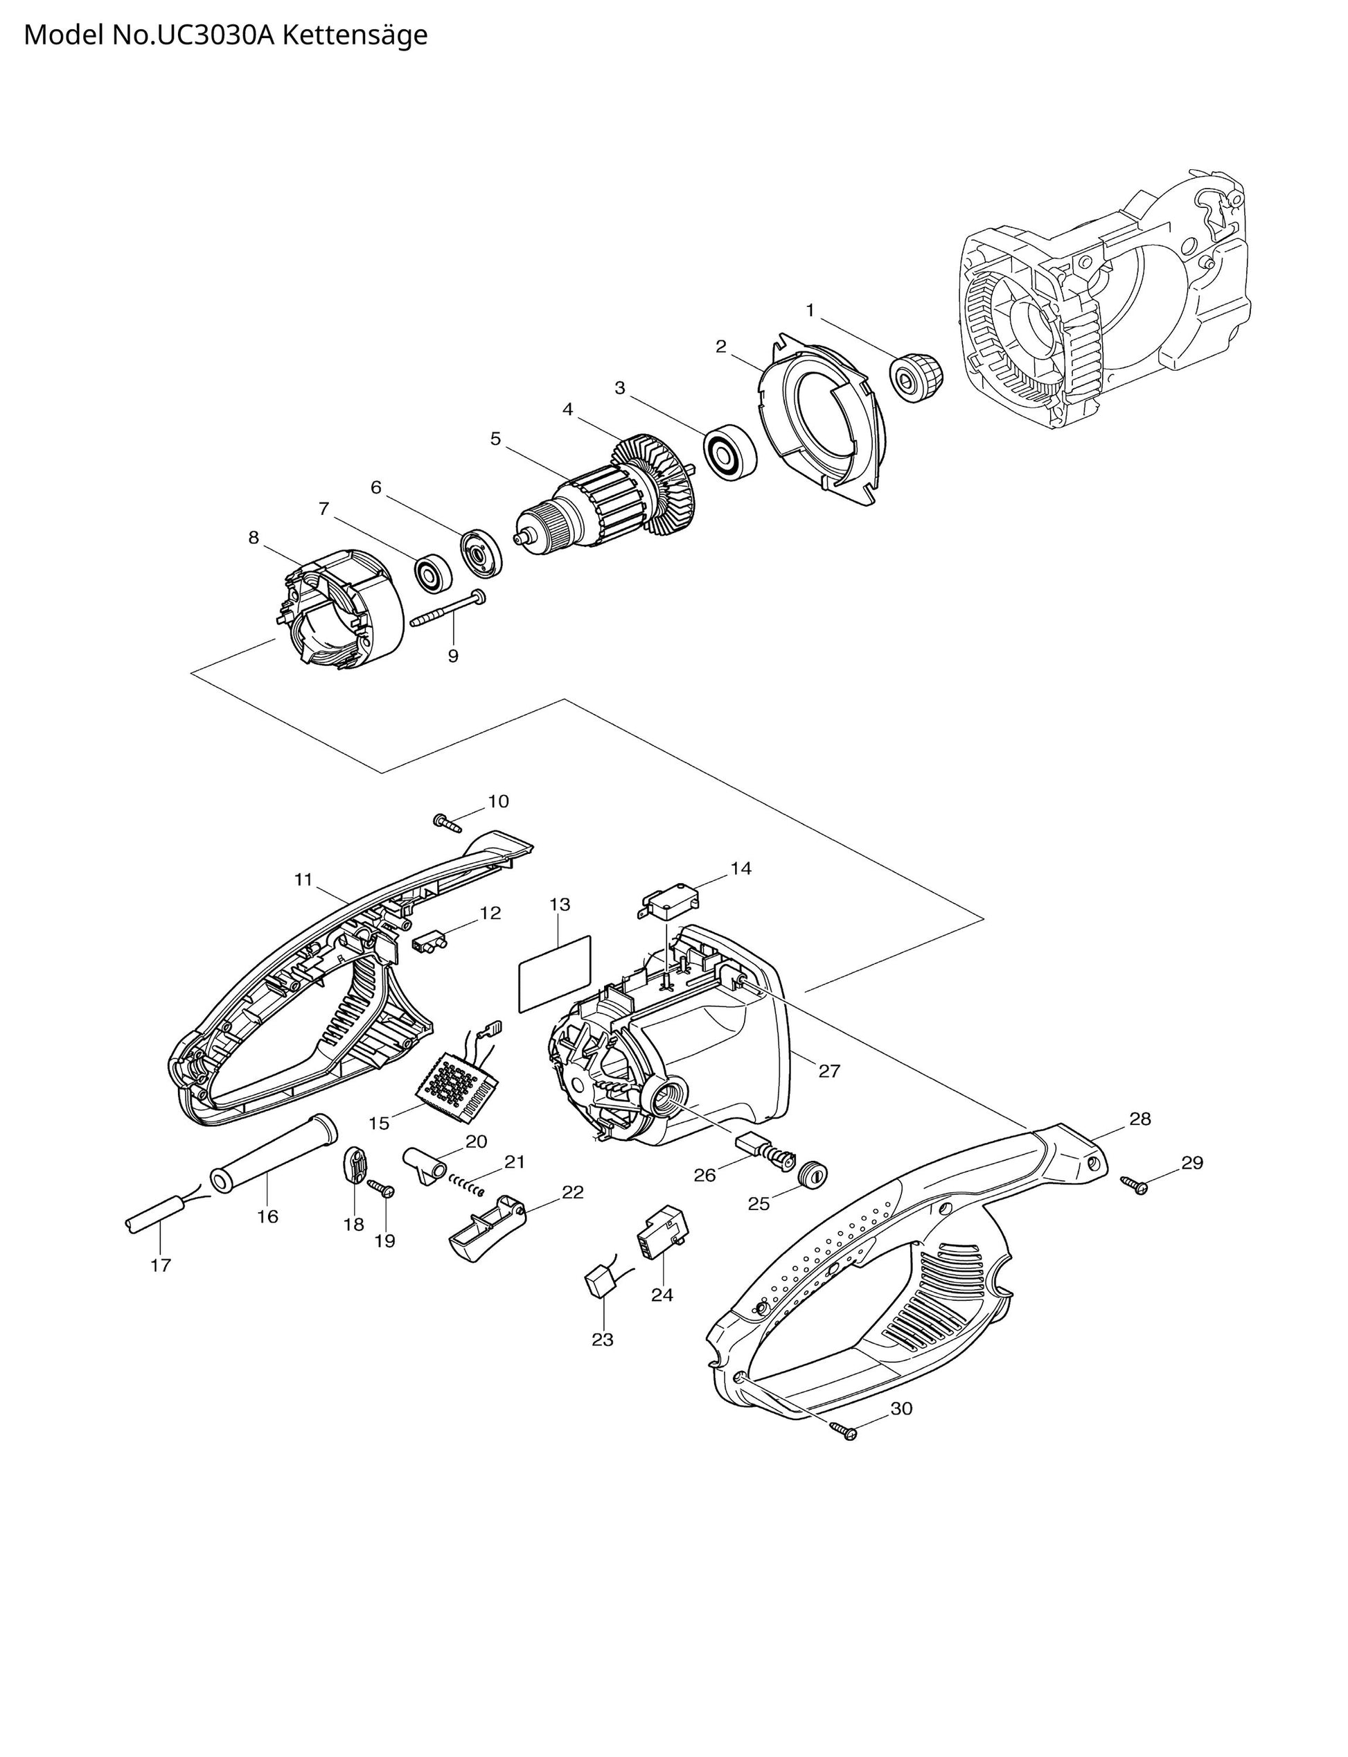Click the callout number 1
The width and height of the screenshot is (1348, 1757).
point(810,310)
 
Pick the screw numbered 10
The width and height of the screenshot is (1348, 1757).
point(447,822)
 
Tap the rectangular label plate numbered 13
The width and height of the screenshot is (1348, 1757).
point(554,972)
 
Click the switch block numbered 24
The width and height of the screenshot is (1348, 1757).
point(663,1230)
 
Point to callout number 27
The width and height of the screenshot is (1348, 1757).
point(829,1070)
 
